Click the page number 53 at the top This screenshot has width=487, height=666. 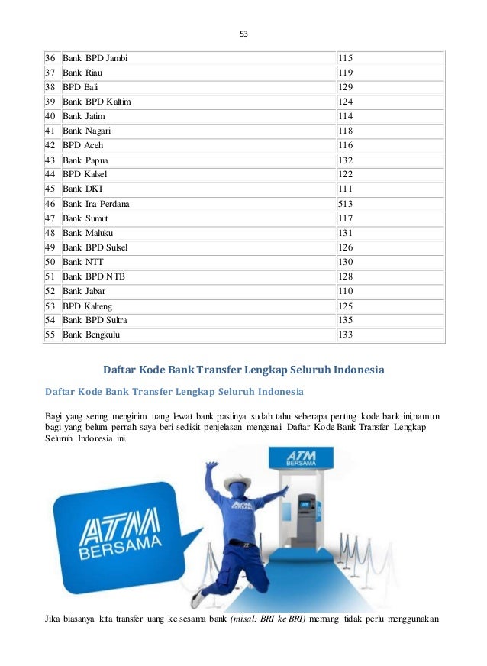(x=244, y=34)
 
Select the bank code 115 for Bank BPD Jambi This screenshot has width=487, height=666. (x=345, y=57)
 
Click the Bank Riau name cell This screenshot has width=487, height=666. (x=83, y=73)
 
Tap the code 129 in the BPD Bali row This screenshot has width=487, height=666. (x=345, y=87)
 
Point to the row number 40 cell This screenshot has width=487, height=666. (x=50, y=116)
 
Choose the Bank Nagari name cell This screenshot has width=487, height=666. (x=86, y=131)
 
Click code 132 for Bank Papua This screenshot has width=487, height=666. (x=345, y=160)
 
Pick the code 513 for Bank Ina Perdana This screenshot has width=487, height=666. (x=345, y=204)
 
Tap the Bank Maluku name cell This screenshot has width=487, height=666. (x=88, y=233)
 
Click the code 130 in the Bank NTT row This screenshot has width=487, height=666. (x=345, y=262)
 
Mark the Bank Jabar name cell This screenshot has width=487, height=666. (x=84, y=291)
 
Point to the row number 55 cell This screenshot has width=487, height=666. (x=50, y=335)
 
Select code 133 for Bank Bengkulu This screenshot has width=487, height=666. (x=345, y=335)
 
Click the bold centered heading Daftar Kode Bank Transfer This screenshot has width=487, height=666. (x=243, y=370)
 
